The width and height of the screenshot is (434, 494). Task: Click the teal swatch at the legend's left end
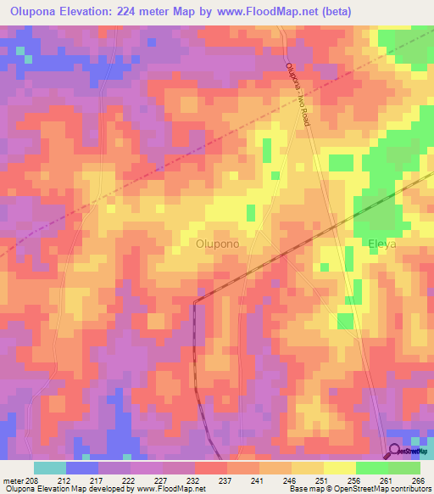[x=49, y=468]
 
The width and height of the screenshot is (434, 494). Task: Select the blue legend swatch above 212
[x=81, y=468]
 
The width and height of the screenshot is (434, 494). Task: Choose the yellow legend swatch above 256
[x=339, y=468]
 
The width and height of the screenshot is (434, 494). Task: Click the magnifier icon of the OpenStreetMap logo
[x=396, y=450]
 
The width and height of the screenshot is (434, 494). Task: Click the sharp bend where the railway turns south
[x=194, y=301]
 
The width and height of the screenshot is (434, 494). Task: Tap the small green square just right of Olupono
[x=250, y=211]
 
